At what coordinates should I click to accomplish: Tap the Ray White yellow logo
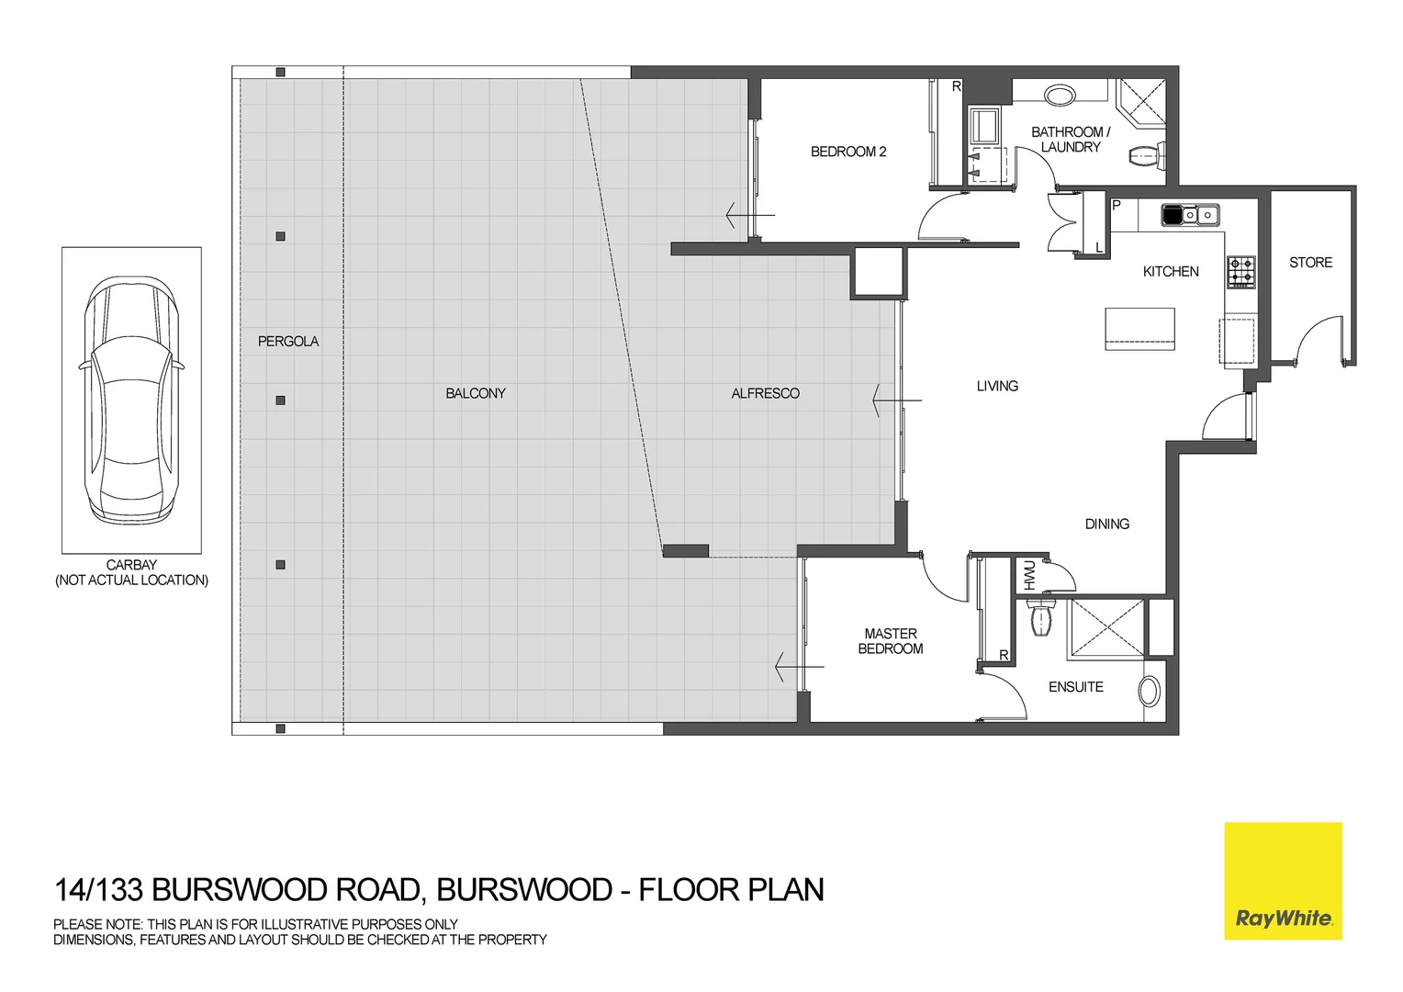pyautogui.click(x=1283, y=880)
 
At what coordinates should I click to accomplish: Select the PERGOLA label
pyautogui.click(x=288, y=341)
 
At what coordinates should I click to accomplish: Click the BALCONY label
pyautogui.click(x=476, y=393)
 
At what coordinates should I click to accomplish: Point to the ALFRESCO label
pyautogui.click(x=765, y=393)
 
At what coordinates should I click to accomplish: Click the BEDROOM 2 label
pyautogui.click(x=848, y=152)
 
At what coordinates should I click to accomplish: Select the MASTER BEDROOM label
pyautogui.click(x=890, y=641)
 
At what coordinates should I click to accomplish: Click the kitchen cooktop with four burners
pyautogui.click(x=1241, y=272)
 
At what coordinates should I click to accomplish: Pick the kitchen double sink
pyautogui.click(x=1190, y=215)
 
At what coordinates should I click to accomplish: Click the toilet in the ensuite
pyautogui.click(x=1041, y=618)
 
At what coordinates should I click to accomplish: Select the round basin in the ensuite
pyautogui.click(x=1149, y=691)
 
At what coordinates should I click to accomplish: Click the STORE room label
pyautogui.click(x=1310, y=263)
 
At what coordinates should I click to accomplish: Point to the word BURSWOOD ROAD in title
pyautogui.click(x=286, y=890)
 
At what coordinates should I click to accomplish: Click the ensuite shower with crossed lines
pyautogui.click(x=1105, y=628)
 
